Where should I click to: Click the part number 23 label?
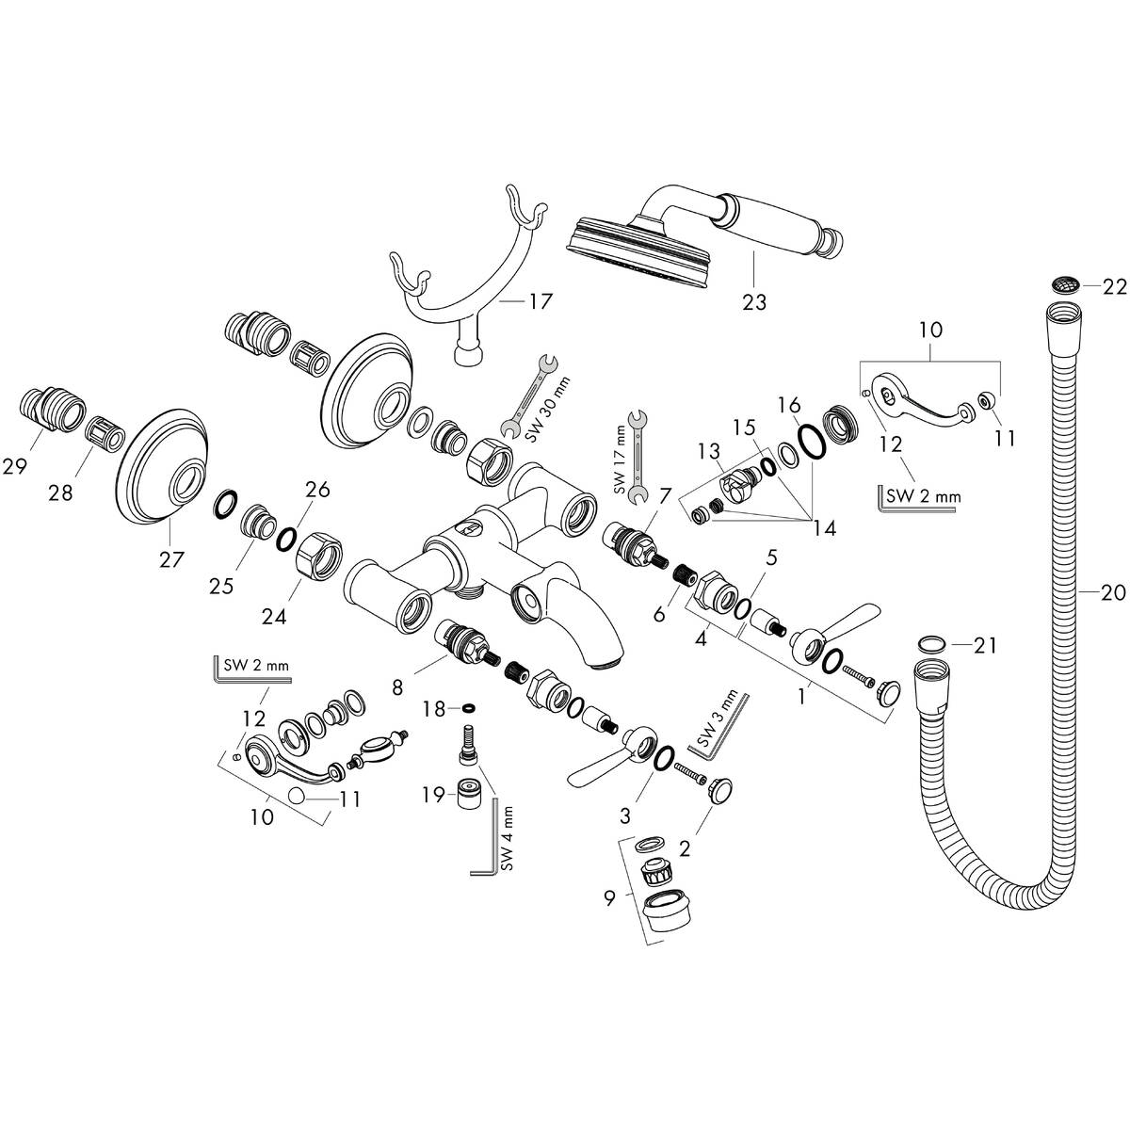tap(753, 301)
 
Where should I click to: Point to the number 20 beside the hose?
tap(1114, 591)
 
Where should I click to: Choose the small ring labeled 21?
tap(929, 644)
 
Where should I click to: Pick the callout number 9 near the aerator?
tap(609, 898)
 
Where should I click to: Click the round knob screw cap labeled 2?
tap(720, 790)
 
